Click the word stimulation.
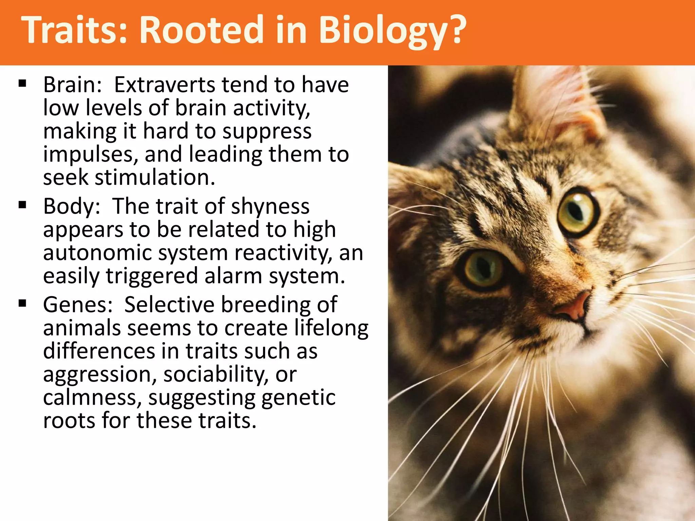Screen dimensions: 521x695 pyautogui.click(x=155, y=177)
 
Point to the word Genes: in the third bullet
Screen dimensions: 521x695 pyautogui.click(x=78, y=305)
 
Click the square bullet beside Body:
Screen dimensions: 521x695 pyautogui.click(x=23, y=205)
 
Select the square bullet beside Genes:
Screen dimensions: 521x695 pyautogui.click(x=23, y=303)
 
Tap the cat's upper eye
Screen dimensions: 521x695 pyautogui.click(x=577, y=212)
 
